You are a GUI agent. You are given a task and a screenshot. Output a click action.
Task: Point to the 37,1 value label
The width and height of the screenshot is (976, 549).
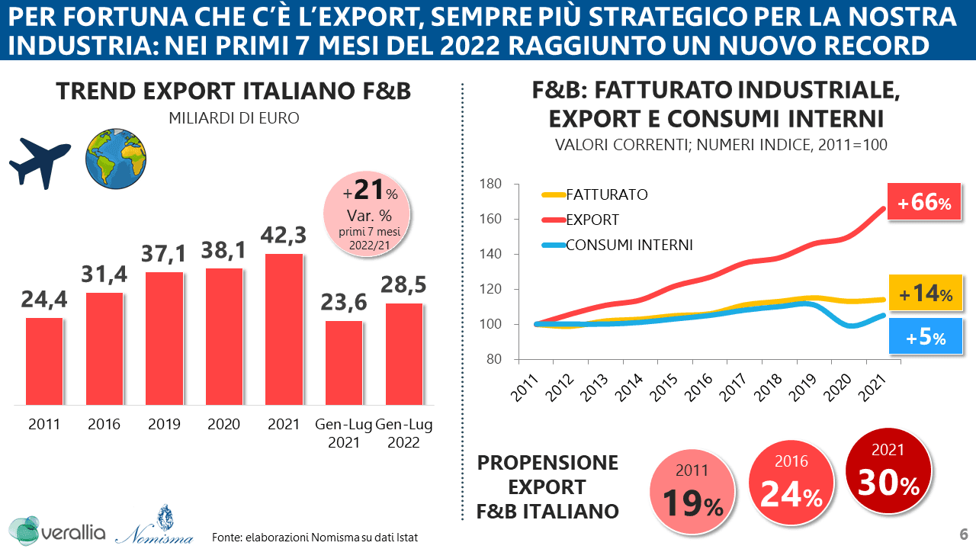[164, 254]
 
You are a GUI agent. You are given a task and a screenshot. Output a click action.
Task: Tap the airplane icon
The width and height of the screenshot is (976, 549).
[40, 162]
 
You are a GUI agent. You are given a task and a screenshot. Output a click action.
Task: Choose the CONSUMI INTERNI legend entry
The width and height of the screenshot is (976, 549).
[629, 245]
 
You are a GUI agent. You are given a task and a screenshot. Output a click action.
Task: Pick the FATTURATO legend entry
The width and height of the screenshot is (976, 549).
[606, 194]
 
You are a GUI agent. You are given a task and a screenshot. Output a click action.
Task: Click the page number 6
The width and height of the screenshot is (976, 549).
[964, 533]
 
